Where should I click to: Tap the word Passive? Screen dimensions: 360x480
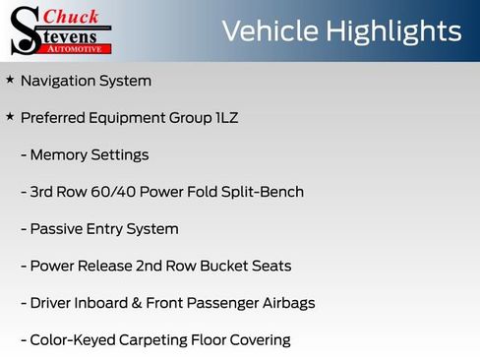point(57,229)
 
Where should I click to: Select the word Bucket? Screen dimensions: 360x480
point(228,267)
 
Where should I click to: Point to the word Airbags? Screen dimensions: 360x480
point(285,303)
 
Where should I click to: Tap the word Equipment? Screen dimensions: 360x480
point(132,118)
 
